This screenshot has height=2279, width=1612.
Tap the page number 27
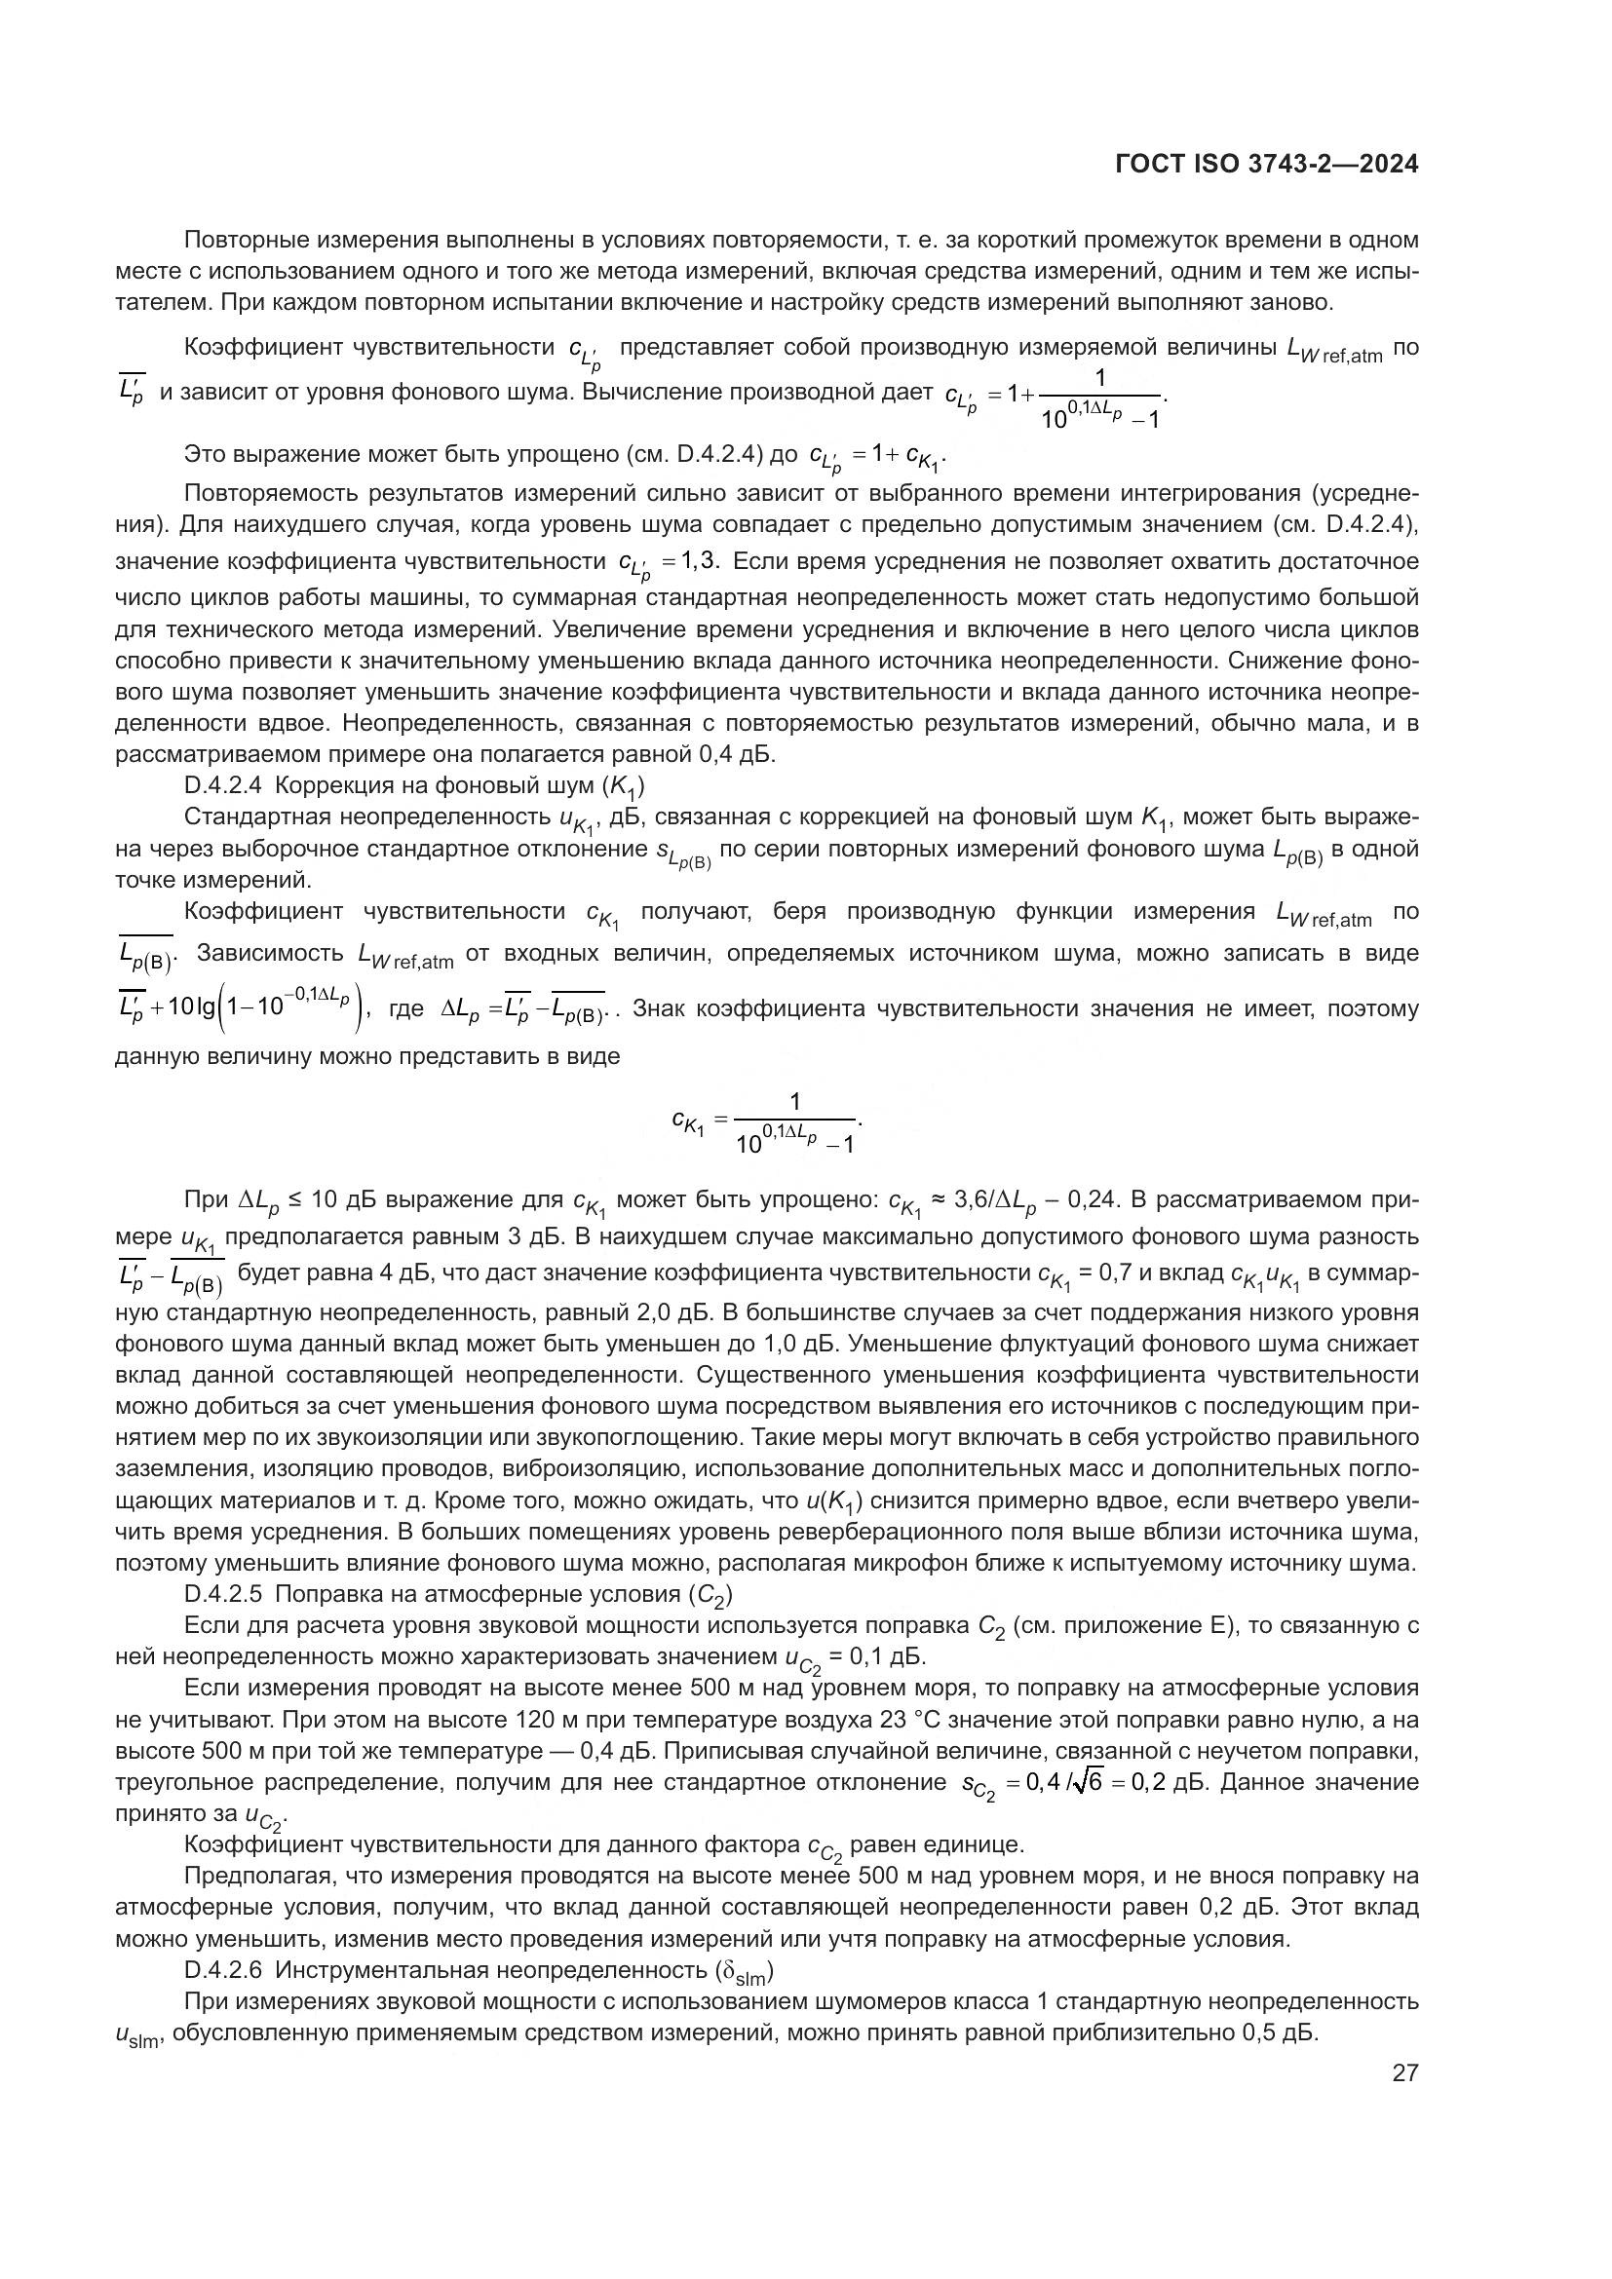click(1404, 2072)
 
